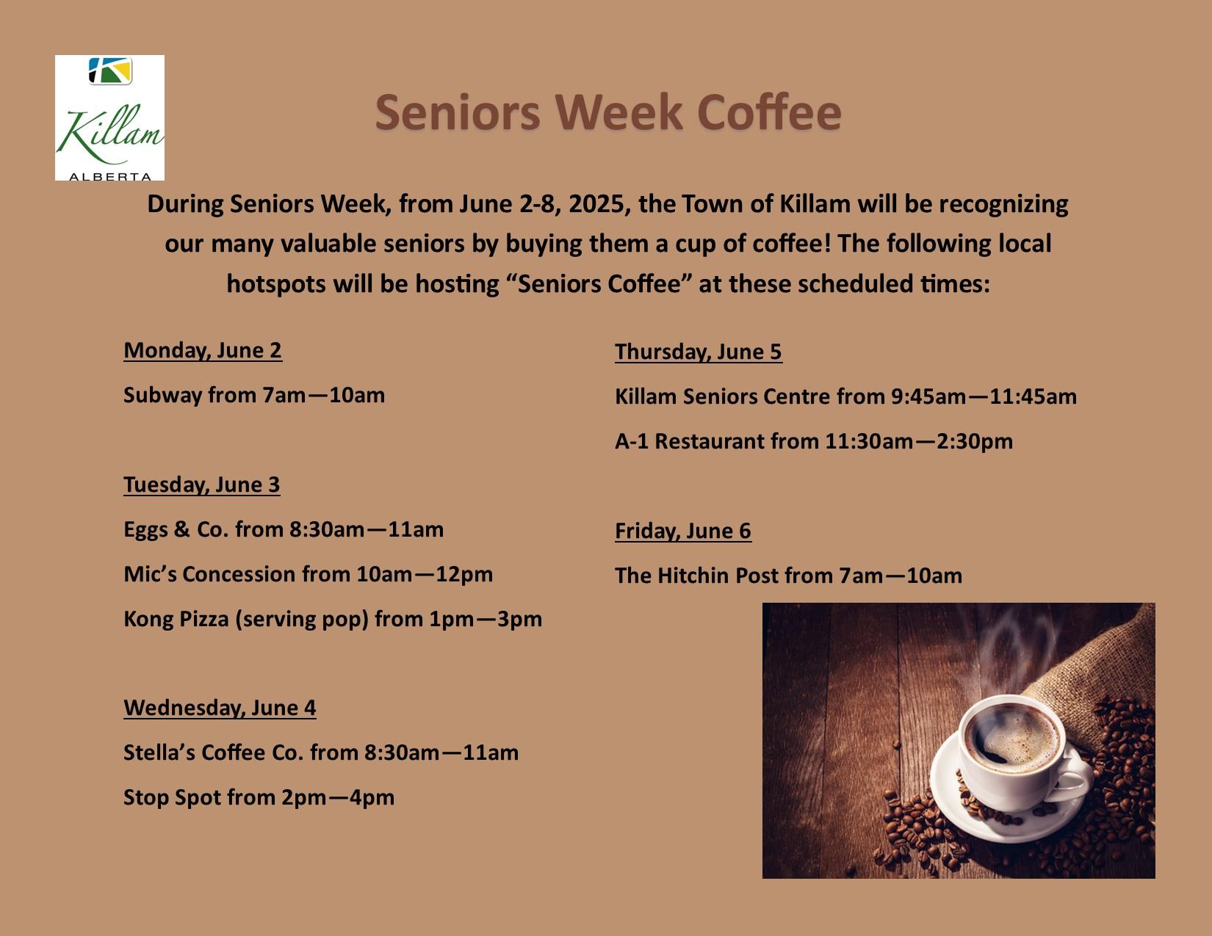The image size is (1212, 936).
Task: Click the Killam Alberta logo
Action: pyautogui.click(x=109, y=117)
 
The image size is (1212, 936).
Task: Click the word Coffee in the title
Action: pyautogui.click(x=769, y=112)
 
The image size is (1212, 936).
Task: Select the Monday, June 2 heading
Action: pyautogui.click(x=203, y=351)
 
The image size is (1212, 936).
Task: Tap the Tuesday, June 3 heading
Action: pyautogui.click(x=201, y=485)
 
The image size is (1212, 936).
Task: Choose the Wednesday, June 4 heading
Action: pyautogui.click(x=220, y=708)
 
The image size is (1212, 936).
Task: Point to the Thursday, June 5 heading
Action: pyautogui.click(x=699, y=352)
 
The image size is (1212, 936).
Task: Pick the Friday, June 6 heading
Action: pyautogui.click(x=682, y=532)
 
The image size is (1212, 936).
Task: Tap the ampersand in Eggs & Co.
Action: pyautogui.click(x=181, y=529)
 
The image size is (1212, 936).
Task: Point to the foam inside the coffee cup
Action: pyautogui.click(x=1012, y=738)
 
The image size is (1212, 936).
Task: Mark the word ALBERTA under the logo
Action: pyautogui.click(x=110, y=177)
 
